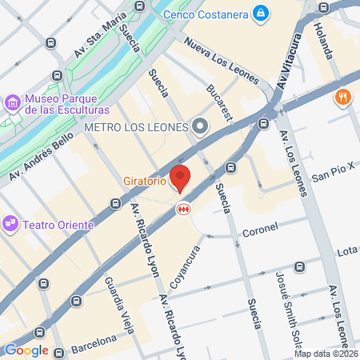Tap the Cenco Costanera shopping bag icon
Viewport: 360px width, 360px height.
tap(261, 13)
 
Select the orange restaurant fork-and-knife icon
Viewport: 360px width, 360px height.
tap(342, 98)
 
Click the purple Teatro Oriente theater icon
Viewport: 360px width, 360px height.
tap(10, 224)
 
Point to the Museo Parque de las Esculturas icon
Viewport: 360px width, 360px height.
tap(12, 102)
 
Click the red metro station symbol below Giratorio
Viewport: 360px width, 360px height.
tap(183, 208)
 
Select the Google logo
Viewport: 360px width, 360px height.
tap(26, 350)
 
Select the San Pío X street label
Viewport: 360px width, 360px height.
tap(332, 174)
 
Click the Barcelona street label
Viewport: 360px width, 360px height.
tap(94, 344)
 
